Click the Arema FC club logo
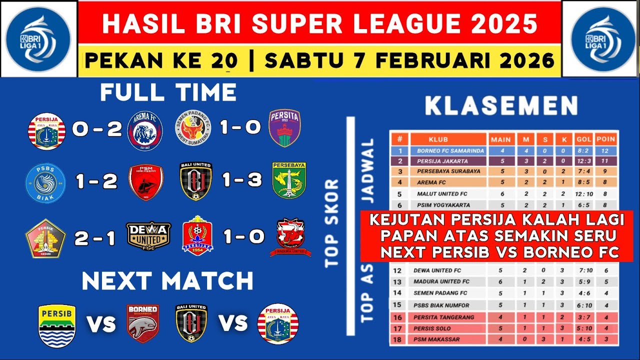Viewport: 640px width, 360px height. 144,130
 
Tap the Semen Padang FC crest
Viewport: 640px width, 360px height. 193,129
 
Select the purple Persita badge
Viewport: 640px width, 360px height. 284,128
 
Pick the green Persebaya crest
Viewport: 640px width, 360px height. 289,180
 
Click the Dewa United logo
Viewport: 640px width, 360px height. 148,235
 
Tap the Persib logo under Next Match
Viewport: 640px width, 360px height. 57,325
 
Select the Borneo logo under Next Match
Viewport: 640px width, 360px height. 142,323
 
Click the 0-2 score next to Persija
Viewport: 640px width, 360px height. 97,129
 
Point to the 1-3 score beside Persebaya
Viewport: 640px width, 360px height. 242,180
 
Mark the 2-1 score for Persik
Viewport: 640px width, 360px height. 95,238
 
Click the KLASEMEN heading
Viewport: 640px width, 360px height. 501,106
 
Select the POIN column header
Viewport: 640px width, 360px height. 605,139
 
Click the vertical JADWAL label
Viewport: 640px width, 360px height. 368,170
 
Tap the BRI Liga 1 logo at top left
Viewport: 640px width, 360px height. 38,38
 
